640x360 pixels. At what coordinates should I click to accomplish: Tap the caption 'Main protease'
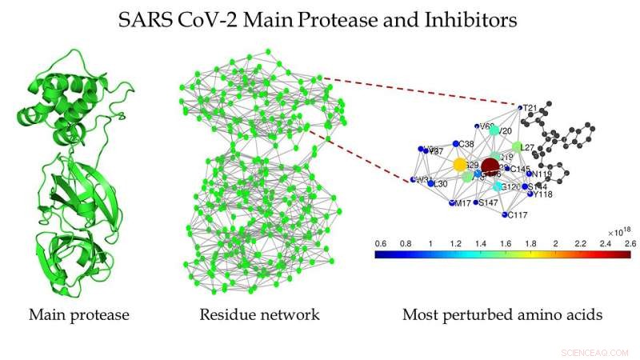tap(78, 314)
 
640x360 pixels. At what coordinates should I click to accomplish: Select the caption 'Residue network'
tap(259, 314)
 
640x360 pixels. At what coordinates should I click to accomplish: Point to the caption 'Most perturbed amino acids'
tap(502, 314)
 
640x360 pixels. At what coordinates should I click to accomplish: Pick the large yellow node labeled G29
tap(460, 165)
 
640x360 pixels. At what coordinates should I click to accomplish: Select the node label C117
tap(516, 214)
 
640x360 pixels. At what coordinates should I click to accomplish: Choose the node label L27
tap(526, 147)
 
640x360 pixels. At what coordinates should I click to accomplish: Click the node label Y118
tap(542, 194)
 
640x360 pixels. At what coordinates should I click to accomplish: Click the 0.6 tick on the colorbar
tap(381, 242)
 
